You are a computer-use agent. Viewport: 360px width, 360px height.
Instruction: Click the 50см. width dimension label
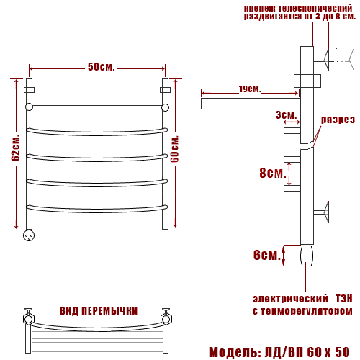[x=101, y=67]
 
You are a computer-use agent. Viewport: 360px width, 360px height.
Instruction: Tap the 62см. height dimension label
[x=15, y=148]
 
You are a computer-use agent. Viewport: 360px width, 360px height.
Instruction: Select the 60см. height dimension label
[x=175, y=149]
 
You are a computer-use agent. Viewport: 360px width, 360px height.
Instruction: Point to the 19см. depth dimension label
[x=250, y=89]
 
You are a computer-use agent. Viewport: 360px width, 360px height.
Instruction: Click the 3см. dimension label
[x=286, y=115]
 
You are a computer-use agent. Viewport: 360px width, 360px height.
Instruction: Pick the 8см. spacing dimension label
[x=273, y=173]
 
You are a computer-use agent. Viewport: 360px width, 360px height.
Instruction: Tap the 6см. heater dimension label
[x=267, y=255]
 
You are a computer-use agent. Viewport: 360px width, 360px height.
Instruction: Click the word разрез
[x=338, y=120]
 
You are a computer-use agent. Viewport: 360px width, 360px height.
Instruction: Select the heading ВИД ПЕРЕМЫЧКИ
[x=99, y=311]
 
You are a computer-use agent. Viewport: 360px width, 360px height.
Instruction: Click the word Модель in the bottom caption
[x=233, y=352]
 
